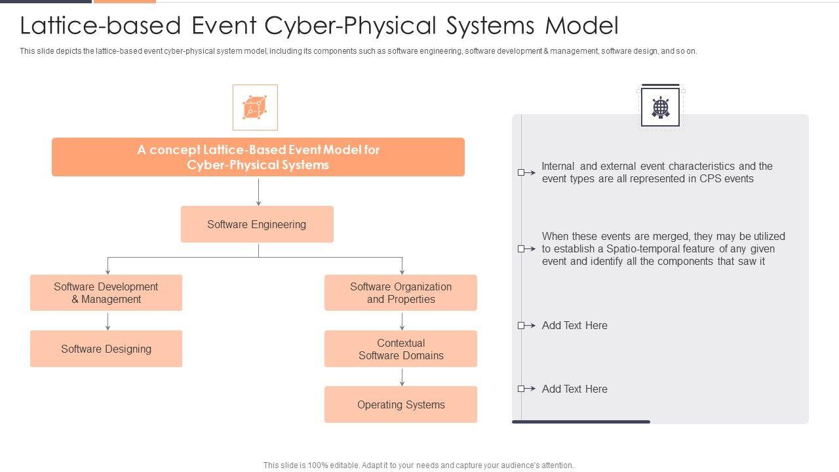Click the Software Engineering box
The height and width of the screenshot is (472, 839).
[257, 224]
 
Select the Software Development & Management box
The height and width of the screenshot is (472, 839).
[106, 292]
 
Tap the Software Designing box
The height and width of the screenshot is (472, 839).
[106, 349]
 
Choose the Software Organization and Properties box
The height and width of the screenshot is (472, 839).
[400, 292]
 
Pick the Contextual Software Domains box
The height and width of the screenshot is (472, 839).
[400, 349]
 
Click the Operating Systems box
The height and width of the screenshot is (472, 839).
[400, 404]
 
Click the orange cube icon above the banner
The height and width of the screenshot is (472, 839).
[255, 108]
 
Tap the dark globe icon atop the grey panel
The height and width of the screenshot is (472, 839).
[661, 107]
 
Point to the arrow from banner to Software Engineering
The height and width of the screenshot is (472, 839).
[259, 191]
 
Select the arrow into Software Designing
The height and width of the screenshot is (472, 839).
[107, 321]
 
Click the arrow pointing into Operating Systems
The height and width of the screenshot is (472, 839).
[402, 377]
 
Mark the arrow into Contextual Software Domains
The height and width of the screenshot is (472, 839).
[402, 321]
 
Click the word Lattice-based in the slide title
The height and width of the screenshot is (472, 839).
[100, 26]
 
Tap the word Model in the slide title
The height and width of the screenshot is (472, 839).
[582, 26]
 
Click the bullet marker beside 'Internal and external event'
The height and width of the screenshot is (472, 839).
[522, 172]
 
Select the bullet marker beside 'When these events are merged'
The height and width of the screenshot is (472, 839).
[522, 249]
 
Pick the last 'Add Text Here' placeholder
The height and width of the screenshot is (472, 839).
[574, 389]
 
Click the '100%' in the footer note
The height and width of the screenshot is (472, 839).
[312, 465]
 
